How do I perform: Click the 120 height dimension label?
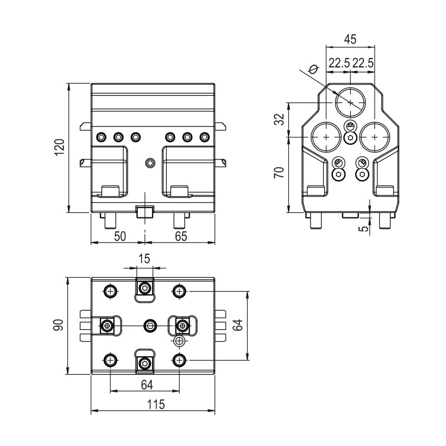(x=60, y=147)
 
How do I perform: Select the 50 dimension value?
(x=120, y=236)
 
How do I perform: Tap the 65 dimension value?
(x=181, y=236)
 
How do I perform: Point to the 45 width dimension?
(x=350, y=39)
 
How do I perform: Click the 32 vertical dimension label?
(x=279, y=119)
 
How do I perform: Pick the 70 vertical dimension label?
(x=279, y=172)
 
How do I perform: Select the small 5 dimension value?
(x=365, y=228)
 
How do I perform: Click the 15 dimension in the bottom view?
(x=144, y=259)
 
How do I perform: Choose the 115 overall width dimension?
(x=156, y=404)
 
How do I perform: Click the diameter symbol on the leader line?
(x=313, y=69)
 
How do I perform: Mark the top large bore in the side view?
(x=351, y=102)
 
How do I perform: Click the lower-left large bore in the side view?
(x=326, y=137)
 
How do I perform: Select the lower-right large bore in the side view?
(x=375, y=137)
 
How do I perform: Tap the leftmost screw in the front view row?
(x=101, y=137)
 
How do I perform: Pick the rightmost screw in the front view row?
(x=205, y=137)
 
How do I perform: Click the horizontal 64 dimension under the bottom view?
(x=147, y=385)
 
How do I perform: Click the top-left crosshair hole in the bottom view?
(x=110, y=291)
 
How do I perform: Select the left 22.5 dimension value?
(x=339, y=63)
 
